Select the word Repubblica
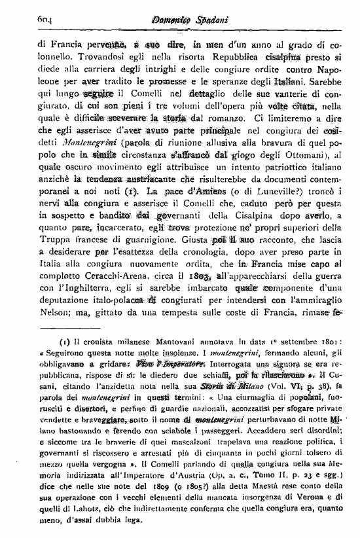coord(223,58)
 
